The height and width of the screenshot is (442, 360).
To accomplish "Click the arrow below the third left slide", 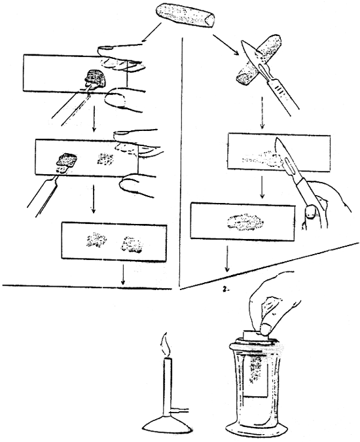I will pyautogui.click(x=122, y=274).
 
